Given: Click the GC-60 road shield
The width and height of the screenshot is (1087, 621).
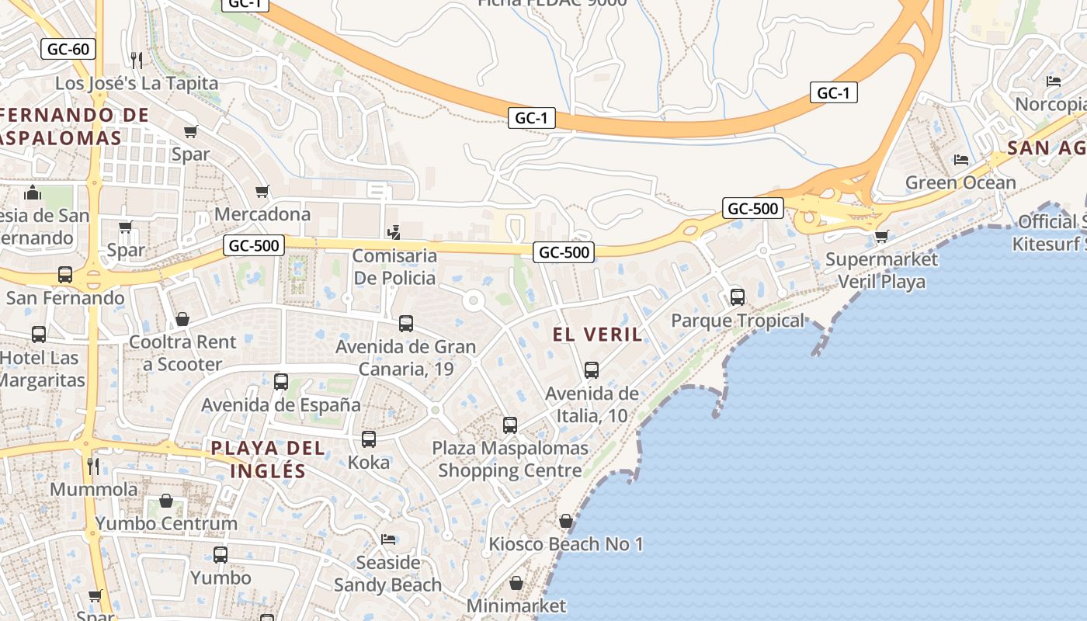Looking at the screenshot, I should pos(68,50).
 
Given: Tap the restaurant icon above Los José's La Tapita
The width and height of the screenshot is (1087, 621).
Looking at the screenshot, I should pos(137,60).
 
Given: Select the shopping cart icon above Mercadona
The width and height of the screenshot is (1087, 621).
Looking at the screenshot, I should pos(262,191).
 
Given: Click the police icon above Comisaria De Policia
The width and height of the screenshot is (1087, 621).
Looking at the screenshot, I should pos(394,232).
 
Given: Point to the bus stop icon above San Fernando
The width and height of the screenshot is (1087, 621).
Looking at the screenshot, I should pos(65,275).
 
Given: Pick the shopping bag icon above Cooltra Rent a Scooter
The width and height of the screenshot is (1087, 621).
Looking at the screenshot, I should pos(182,319).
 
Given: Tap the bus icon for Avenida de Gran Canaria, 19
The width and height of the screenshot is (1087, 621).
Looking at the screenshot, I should pos(405,324).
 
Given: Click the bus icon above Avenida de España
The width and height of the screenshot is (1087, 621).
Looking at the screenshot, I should pos(281,382).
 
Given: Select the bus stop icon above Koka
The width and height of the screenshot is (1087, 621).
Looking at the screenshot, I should pos(369,439).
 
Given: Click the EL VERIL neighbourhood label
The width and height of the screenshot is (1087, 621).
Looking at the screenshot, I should pos(597,335).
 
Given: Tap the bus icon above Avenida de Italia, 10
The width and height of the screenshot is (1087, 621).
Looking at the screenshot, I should pos(592,370).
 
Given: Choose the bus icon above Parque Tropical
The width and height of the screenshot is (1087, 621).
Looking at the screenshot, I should pos(737,297).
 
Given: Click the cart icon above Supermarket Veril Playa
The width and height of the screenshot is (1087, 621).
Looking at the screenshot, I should pos(881,236).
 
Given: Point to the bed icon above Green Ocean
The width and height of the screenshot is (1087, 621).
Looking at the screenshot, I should pos(961,160).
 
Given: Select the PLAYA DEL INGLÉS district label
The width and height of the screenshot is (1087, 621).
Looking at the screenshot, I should pos(268,459).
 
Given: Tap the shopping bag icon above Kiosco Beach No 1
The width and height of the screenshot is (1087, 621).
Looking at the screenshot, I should pos(566,521).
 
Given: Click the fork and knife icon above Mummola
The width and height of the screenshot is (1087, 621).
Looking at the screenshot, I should pos(93,466).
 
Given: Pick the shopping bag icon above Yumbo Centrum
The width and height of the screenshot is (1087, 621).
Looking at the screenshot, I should pos(166,501).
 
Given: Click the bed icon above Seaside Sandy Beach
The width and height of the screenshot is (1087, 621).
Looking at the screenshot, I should pos(388,539).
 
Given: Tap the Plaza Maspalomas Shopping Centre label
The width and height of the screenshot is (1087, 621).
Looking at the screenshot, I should pos(510,460).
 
